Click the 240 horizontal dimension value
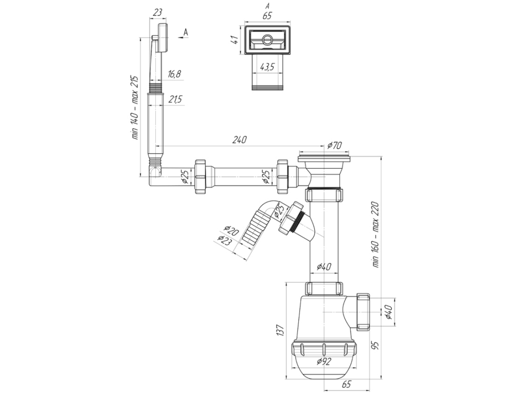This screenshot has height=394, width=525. point(239,139)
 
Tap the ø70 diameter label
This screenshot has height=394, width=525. point(334,145)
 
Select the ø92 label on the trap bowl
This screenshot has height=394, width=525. point(324,361)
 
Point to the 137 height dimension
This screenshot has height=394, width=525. point(280,330)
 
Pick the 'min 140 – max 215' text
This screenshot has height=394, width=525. point(135,107)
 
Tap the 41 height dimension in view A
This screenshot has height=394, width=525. point(236,40)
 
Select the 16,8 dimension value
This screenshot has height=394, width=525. point(174,74)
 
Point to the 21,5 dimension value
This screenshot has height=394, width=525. point(175,99)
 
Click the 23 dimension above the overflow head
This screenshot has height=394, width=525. point(158,13)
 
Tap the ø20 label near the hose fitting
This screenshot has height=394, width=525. point(231,231)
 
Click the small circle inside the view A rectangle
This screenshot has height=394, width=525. point(267,40)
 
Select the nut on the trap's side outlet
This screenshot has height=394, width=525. point(364,311)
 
